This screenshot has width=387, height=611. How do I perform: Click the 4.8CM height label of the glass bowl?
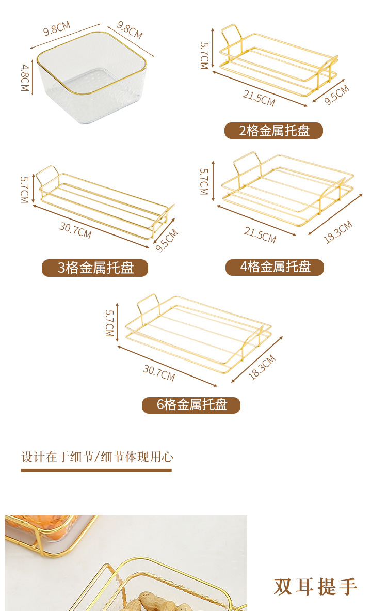coord(25,78)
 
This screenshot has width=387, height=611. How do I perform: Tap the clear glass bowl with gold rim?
coord(92,77)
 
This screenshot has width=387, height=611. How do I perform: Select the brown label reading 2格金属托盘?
coord(273,131)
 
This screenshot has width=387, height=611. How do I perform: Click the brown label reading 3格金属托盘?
coord(95,268)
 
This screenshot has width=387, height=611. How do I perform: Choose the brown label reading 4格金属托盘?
coord(275,268)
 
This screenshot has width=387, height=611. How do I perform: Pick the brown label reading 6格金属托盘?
coord(191,405)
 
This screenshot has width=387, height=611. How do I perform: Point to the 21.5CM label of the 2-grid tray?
coord(260,98)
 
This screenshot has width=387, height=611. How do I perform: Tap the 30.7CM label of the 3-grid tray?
coord(75,230)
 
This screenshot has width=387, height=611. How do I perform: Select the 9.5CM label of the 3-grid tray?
coord(167,240)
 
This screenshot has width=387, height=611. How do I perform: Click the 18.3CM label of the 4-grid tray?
coord(338,232)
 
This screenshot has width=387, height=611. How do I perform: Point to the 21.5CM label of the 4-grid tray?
coord(260,235)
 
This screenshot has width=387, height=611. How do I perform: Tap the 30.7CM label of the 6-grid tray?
coord(159,372)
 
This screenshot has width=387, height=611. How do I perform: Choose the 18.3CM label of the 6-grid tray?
coord(262,367)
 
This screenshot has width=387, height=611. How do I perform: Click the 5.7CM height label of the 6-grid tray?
coord(109,323)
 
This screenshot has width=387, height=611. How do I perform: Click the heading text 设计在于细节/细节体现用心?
coord(98,457)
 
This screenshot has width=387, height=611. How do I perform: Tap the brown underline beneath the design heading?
coord(96,471)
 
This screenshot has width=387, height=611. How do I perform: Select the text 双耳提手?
coord(315,587)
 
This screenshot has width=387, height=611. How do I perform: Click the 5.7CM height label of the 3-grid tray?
coord(24,190)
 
